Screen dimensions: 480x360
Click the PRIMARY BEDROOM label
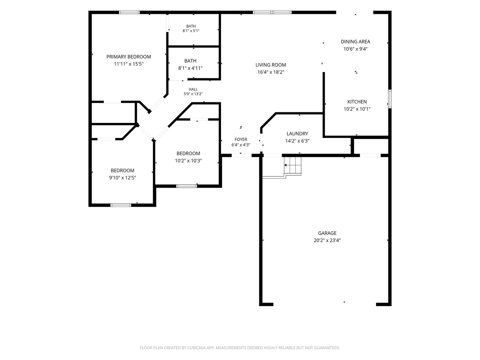[129, 57]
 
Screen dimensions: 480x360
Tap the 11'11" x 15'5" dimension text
[129, 64]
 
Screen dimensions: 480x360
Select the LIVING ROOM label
[271, 65]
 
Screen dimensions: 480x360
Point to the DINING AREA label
[355, 42]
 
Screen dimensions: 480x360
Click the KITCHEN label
[357, 102]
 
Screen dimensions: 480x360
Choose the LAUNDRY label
[297, 134]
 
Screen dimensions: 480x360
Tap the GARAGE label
[327, 233]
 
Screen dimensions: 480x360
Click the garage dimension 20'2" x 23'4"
[327, 240]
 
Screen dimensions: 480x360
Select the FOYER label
[241, 139]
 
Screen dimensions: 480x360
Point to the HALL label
[193, 89]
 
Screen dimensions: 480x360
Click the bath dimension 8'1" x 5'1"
[191, 31]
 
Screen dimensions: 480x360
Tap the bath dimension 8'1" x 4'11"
[190, 68]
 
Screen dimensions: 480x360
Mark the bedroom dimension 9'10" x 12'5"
[122, 178]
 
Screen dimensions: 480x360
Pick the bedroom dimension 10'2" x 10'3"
[188, 161]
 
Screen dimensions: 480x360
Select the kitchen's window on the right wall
[390, 99]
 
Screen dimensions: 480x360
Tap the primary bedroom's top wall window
[129, 12]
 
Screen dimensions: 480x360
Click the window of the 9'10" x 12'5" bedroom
[121, 205]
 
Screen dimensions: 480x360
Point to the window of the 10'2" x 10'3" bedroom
[187, 186]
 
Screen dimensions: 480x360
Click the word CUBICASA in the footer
[196, 348]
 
